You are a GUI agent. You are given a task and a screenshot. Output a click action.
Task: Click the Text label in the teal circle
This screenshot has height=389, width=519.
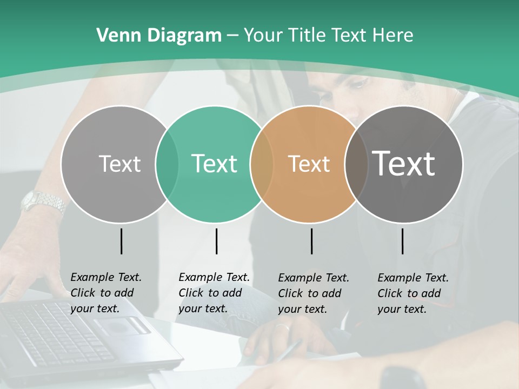pyautogui.click(x=214, y=164)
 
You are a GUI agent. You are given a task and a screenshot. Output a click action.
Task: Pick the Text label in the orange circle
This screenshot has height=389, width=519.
pyautogui.click(x=309, y=164)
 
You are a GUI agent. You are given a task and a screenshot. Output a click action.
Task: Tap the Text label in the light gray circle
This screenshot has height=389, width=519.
pyautogui.click(x=119, y=164)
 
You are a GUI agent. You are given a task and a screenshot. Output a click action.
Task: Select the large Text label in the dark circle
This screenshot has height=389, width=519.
pyautogui.click(x=403, y=164)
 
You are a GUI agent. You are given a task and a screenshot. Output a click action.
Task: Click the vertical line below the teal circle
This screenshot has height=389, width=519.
pyautogui.click(x=216, y=241)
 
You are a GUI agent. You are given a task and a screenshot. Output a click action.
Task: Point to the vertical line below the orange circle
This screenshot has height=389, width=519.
pyautogui.click(x=312, y=241)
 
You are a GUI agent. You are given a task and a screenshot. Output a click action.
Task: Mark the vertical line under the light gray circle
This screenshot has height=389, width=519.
pyautogui.click(x=121, y=241)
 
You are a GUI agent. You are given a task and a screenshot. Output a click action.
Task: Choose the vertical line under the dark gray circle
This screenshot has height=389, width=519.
pyautogui.click(x=403, y=241)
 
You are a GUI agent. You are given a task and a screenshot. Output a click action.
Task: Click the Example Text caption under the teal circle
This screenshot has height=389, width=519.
pyautogui.click(x=214, y=293)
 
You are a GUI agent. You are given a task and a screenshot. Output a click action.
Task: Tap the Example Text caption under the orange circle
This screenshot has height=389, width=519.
pyautogui.click(x=313, y=293)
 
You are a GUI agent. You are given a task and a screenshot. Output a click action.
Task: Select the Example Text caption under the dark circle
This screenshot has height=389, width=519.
pyautogui.click(x=412, y=293)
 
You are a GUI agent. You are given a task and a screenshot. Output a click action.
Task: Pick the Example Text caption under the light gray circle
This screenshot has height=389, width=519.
pyautogui.click(x=105, y=293)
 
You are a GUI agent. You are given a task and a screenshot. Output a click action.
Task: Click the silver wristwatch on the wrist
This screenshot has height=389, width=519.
pyautogui.click(x=43, y=202)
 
